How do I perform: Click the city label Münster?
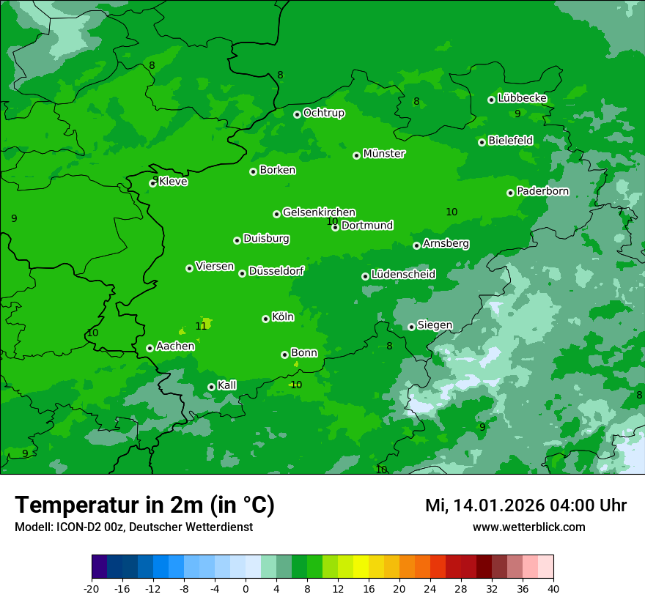pyautogui.click(x=384, y=154)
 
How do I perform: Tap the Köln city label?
pyautogui.click(x=283, y=317)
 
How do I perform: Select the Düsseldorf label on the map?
pyautogui.click(x=276, y=271)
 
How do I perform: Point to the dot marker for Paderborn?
pyautogui.click(x=510, y=193)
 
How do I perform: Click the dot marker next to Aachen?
pyautogui.click(x=150, y=348)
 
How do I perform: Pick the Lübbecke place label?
pyautogui.click(x=522, y=98)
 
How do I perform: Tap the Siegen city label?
pyautogui.click(x=435, y=325)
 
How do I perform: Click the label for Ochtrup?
pyautogui.click(x=323, y=113)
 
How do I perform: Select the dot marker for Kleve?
pyautogui.click(x=152, y=183)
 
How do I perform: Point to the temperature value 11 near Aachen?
pyautogui.click(x=201, y=326)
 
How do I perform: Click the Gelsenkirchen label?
pyautogui.click(x=319, y=212)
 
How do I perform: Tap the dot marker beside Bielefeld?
pyautogui.click(x=482, y=142)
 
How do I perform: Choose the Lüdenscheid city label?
pyautogui.click(x=403, y=275)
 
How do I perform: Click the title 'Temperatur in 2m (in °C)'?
pyautogui.click(x=144, y=505)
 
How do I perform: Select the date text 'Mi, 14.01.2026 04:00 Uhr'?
pyautogui.click(x=526, y=505)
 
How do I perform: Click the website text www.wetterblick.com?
pyautogui.click(x=528, y=527)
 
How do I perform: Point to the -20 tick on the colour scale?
pyautogui.click(x=92, y=588)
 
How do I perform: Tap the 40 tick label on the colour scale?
pyautogui.click(x=553, y=588)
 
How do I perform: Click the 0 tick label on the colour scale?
pyautogui.click(x=246, y=588)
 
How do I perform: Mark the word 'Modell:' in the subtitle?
pyautogui.click(x=33, y=527)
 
